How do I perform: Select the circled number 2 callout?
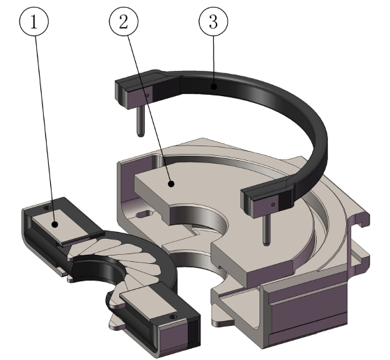[x=125, y=23]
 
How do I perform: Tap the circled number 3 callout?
[x=213, y=23]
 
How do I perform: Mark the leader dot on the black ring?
[x=214, y=86]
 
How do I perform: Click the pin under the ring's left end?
[x=139, y=119]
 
